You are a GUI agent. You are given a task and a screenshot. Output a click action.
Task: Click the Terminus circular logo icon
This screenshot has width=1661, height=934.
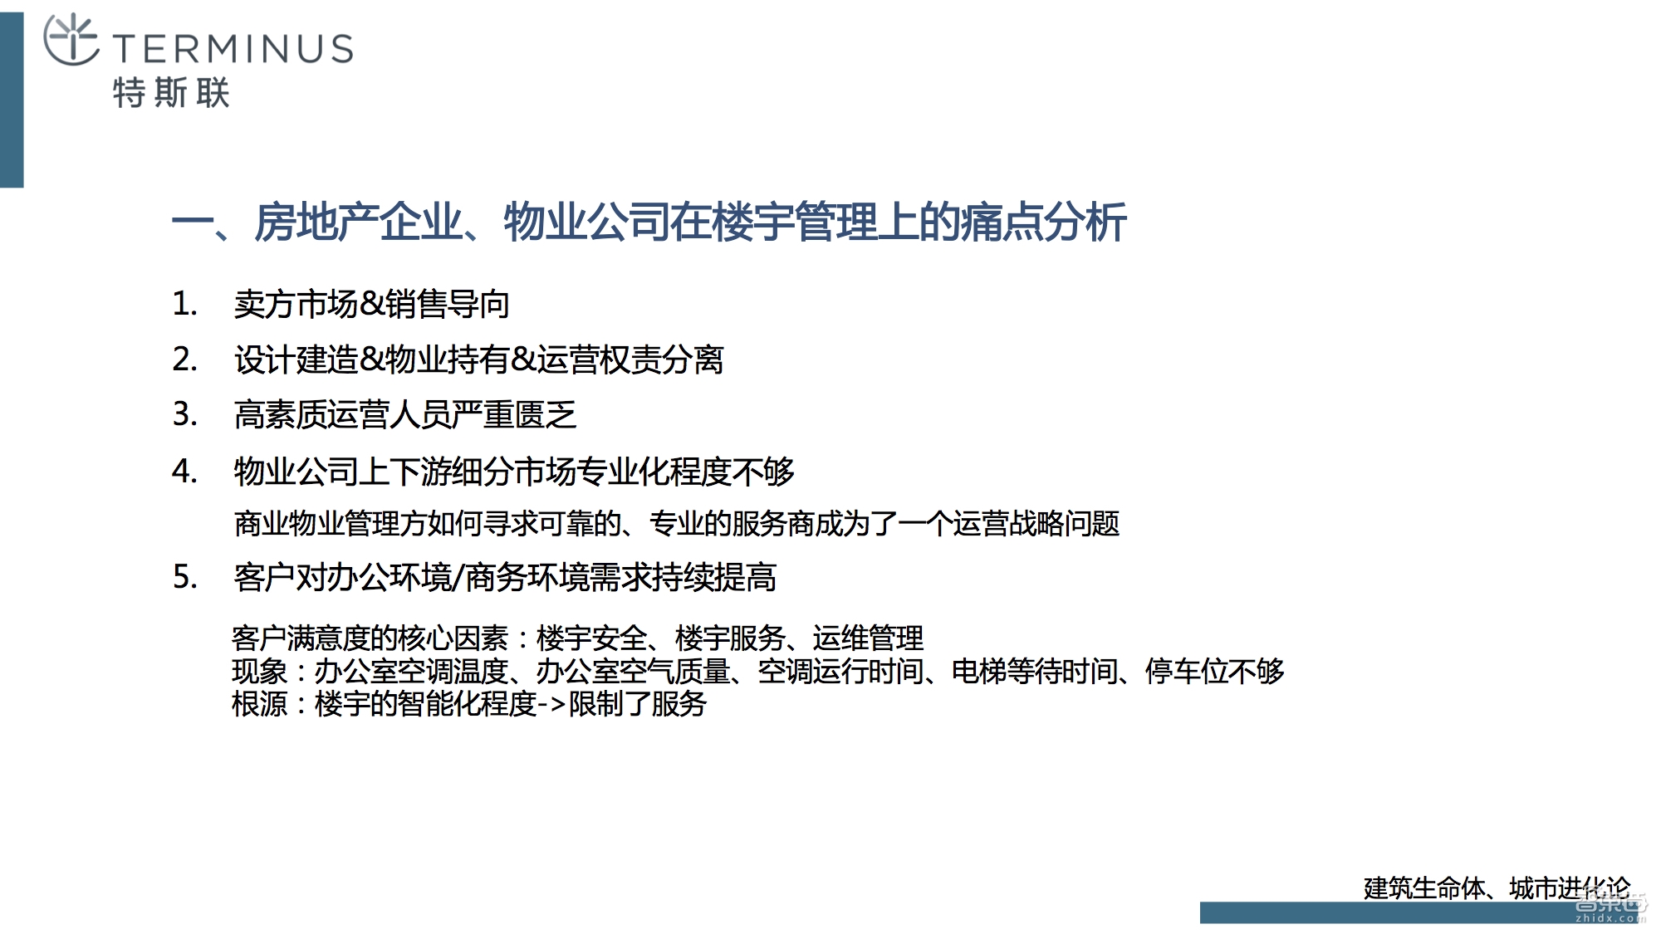[x=71, y=39]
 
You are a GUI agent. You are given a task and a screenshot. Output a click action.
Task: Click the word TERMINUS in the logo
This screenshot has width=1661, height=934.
[x=233, y=49]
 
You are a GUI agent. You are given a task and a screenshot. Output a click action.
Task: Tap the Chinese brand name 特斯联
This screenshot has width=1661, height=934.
[x=171, y=93]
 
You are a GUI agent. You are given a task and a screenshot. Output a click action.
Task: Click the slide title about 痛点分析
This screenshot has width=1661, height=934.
[x=649, y=222]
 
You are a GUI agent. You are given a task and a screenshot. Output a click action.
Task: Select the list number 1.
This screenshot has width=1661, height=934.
[x=184, y=304]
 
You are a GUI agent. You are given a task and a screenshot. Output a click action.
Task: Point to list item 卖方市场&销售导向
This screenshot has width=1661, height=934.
[x=371, y=305]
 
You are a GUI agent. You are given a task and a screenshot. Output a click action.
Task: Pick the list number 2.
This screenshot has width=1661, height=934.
[x=184, y=359]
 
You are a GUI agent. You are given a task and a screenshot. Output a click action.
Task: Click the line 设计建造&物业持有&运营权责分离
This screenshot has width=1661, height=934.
[x=478, y=360]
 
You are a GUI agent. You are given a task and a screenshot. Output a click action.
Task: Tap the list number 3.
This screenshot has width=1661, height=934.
[x=184, y=414]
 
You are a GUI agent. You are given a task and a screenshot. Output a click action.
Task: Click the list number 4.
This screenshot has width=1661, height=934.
[x=184, y=472]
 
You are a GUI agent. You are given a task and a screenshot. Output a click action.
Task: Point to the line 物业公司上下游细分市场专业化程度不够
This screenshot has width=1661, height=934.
[x=514, y=472]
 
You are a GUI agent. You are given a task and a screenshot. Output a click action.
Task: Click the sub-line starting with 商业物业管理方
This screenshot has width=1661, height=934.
[x=676, y=524]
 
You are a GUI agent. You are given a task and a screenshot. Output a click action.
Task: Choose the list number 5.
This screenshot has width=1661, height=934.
[x=184, y=577]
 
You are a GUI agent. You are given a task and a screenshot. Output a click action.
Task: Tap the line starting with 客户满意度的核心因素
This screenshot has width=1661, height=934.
[x=577, y=638]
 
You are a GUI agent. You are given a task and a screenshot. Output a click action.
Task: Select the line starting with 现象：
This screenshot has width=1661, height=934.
[x=757, y=671]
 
